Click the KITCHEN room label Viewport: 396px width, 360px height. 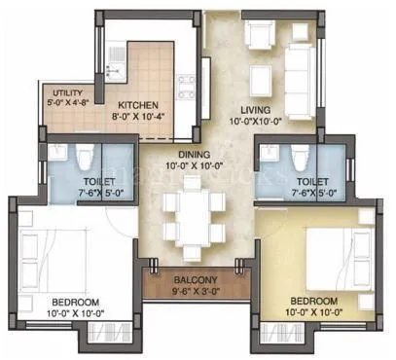point(140,105)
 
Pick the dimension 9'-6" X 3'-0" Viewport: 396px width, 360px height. point(196,288)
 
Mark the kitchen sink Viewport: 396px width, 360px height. point(115,64)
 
